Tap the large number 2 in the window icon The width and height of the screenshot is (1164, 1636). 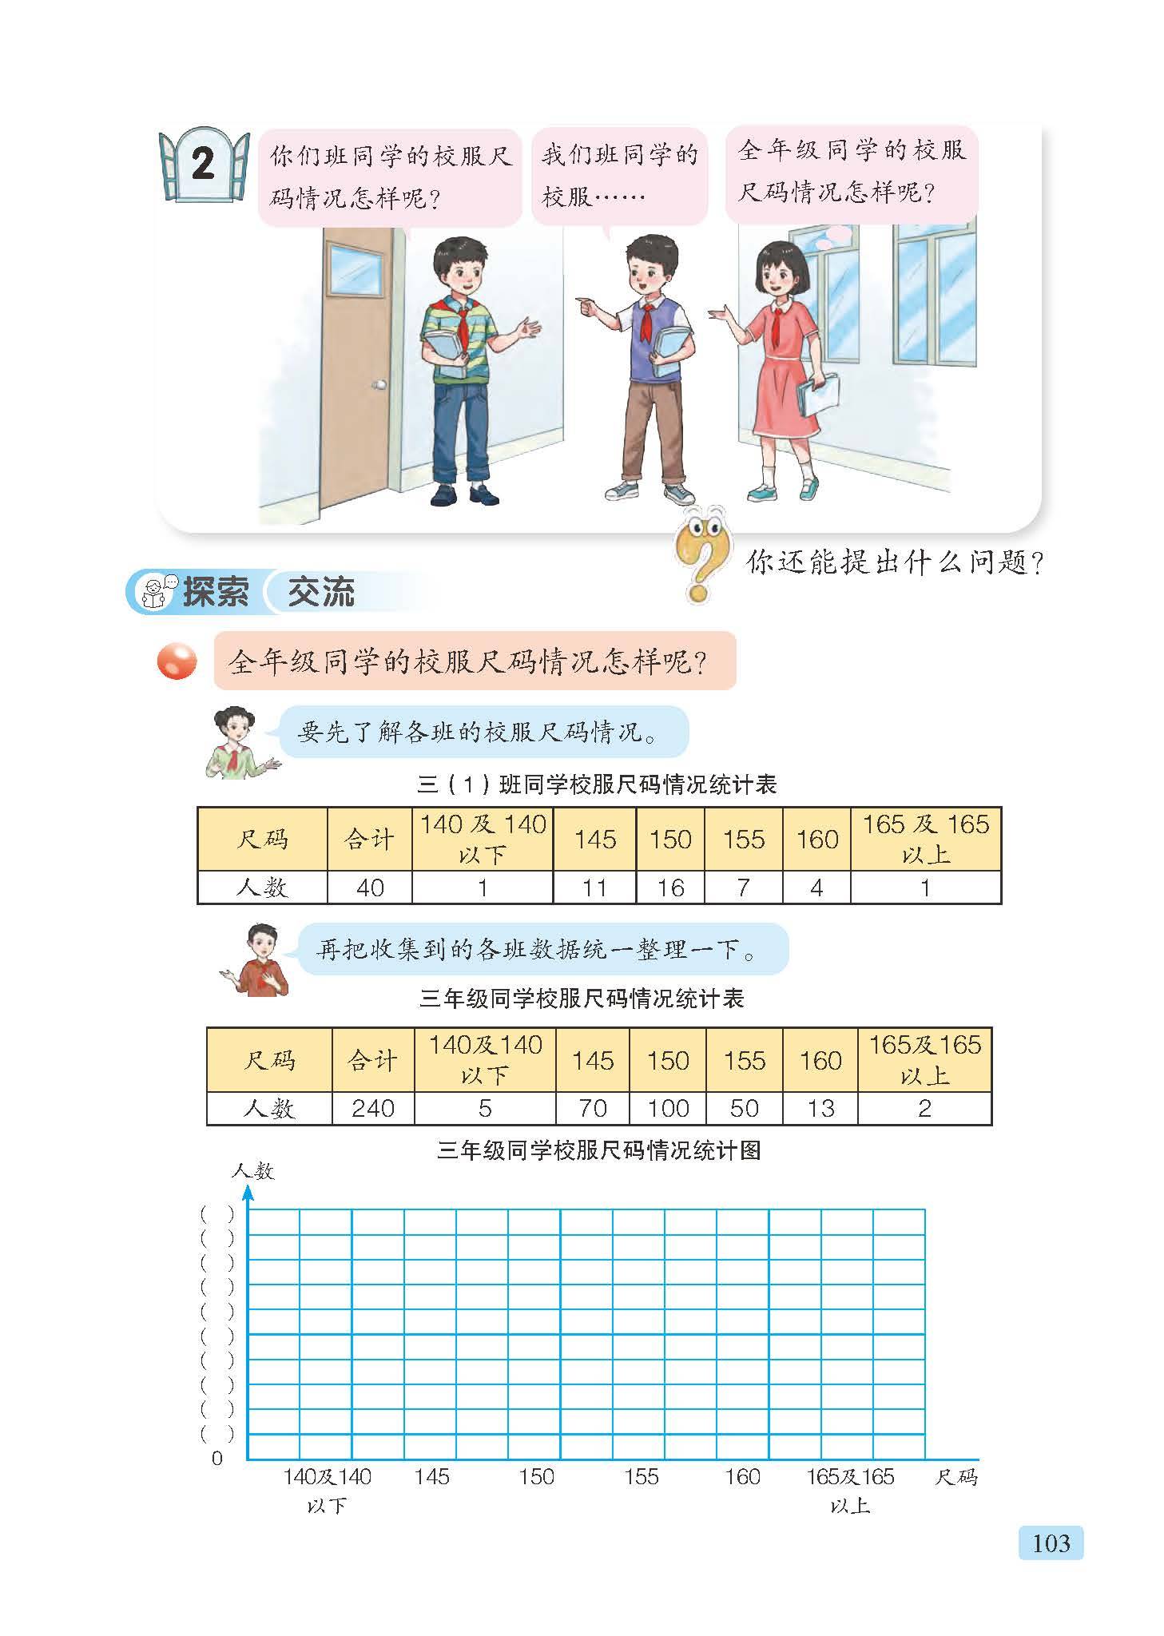203,164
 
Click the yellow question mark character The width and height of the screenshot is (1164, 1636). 701,554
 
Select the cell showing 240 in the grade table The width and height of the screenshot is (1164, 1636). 373,1108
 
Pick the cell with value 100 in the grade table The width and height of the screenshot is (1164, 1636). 668,1108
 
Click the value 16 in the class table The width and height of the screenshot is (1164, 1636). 670,887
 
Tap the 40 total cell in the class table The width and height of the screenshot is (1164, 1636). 370,887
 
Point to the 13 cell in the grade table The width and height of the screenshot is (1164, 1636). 820,1108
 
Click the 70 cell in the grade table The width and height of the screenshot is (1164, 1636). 592,1108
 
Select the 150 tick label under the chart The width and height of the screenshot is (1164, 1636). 536,1476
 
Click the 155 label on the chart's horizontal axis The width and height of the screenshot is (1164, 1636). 641,1476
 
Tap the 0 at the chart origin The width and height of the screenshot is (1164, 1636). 217,1458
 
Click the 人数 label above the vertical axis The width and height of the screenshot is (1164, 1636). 252,1171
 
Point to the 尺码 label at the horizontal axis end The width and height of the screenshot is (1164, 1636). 955,1476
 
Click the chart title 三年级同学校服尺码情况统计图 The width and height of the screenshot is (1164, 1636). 598,1150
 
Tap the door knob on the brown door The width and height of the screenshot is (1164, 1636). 379,385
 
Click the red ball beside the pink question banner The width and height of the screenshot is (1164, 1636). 177,661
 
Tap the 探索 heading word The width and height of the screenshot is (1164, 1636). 215,592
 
